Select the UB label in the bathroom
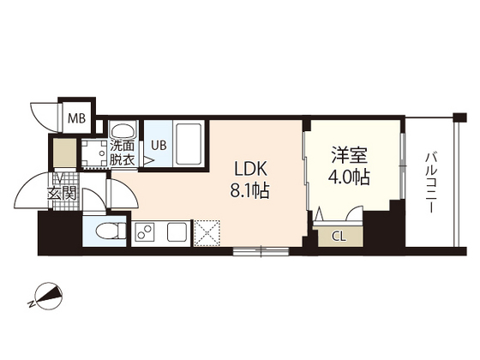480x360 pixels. pos(159,144)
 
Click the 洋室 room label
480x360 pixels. pos(350,158)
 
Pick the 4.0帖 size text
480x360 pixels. pos(350,179)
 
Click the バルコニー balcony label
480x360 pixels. pos(430,184)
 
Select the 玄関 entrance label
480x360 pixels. pos(63,194)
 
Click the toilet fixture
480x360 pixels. pos(105,231)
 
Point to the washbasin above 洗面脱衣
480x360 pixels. pos(123,130)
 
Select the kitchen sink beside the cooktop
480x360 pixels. pos(177,231)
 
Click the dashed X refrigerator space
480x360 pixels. pos(207,232)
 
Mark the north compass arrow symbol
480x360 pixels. pos(48,297)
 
